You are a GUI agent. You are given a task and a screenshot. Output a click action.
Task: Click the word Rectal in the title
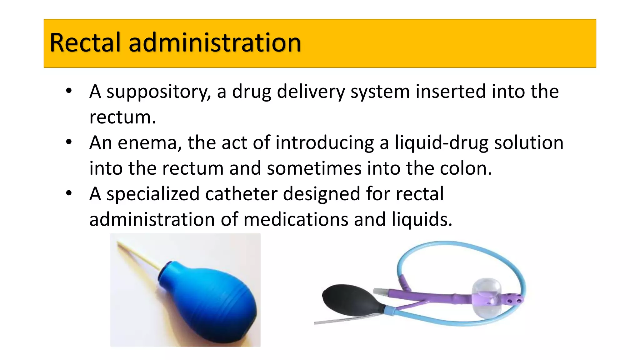[85, 42]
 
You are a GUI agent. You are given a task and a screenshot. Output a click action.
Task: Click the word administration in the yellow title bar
[215, 42]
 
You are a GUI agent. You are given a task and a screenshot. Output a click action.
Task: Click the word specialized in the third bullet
[153, 194]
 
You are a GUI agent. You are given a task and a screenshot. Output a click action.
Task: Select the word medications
[296, 219]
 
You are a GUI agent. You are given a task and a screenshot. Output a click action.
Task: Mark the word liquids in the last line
[422, 219]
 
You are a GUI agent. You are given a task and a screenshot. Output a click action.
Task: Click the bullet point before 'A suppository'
[69, 91]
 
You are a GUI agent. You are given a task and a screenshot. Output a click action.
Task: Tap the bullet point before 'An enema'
[69, 142]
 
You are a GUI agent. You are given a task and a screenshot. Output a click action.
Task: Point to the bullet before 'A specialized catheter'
[69, 193]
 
